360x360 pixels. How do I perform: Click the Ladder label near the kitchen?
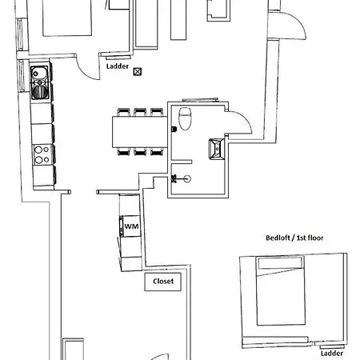point(117,67)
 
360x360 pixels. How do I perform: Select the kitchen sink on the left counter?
point(39,78)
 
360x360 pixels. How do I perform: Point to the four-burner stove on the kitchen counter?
point(40,150)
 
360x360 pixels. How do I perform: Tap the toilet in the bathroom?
point(186,118)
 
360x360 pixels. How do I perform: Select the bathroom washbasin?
point(217,148)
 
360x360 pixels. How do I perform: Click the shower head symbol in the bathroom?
point(186,178)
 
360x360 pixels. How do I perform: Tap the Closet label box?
point(163,282)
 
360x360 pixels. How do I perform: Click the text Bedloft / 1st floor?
point(294,238)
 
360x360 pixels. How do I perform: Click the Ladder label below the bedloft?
point(332,352)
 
